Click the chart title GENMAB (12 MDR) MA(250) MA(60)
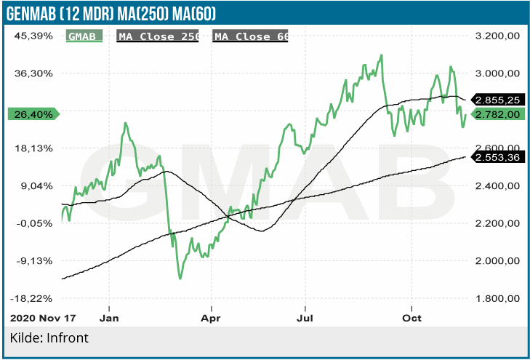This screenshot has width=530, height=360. tap(111, 12)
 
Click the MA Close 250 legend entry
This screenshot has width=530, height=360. tap(161, 36)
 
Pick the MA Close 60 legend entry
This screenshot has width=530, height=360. tap(251, 36)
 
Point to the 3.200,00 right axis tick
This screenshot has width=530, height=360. tap(496, 36)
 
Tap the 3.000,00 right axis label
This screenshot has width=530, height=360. tap(496, 73)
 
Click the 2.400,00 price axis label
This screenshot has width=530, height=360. tap(496, 185)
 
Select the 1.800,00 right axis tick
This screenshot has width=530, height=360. tap(496, 298)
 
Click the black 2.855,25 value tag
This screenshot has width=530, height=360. tap(497, 99)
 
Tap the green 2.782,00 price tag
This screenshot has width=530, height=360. tap(497, 114)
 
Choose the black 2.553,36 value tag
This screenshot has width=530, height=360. tap(497, 157)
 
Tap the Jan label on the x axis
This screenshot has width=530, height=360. tap(109, 318)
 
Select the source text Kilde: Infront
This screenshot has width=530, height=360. tap(49, 338)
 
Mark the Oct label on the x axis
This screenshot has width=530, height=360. tap(412, 318)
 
